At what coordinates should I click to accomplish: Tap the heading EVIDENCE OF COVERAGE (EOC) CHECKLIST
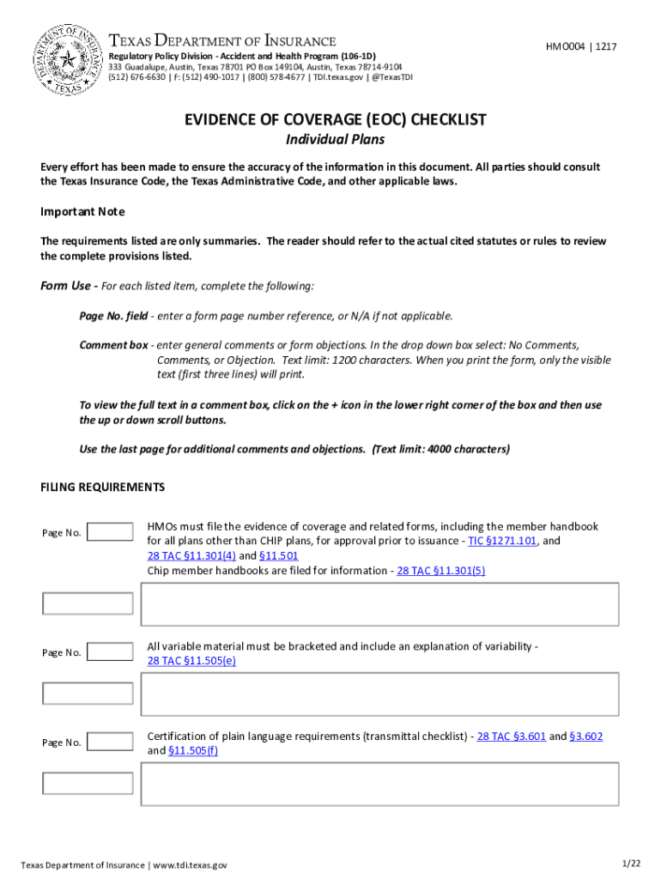pos(330,120)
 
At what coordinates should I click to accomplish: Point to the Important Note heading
pos(82,211)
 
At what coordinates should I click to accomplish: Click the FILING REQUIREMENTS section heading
pos(102,487)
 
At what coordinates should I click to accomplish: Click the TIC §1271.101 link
pos(502,542)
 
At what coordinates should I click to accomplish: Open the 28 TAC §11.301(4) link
pos(179,555)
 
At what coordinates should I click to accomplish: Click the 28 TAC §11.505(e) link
pos(191,661)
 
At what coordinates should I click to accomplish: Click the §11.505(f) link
pos(193,751)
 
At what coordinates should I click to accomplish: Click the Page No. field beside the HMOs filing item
pos(111,532)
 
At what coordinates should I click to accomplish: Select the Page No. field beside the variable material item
pos(111,652)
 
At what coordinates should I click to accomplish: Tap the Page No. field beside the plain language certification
pos(111,742)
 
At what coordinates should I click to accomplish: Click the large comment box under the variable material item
pos(379,694)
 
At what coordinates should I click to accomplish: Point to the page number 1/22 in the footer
pos(631,862)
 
